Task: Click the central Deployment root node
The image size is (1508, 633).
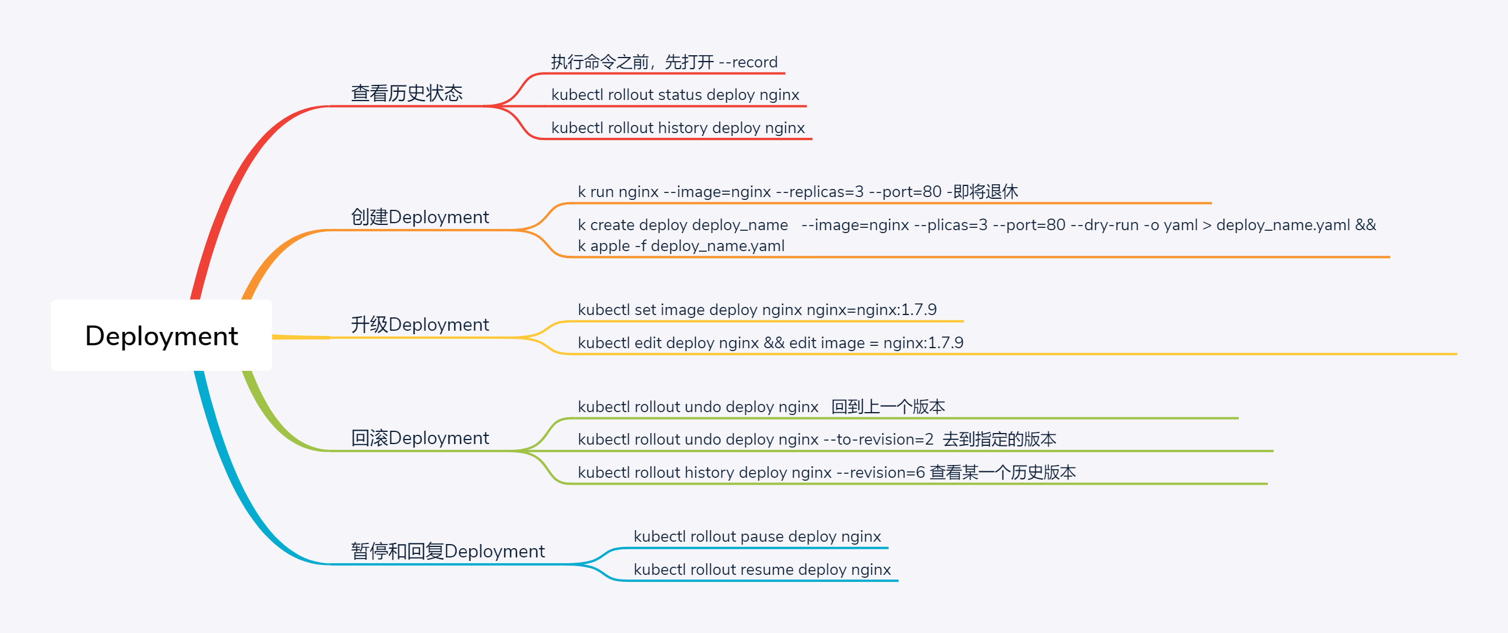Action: click(x=161, y=336)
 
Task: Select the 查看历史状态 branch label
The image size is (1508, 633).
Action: click(x=407, y=93)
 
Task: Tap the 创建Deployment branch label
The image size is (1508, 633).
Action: click(x=419, y=217)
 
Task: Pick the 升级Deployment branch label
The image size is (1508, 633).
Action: click(x=419, y=325)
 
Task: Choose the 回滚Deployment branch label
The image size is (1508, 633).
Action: click(x=419, y=438)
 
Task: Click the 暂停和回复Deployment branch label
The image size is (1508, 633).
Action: click(x=447, y=551)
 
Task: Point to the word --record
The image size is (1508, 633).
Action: click(x=748, y=62)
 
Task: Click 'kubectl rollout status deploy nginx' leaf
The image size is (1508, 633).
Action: click(x=675, y=95)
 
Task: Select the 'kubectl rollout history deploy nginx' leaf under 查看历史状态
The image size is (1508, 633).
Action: click(x=678, y=127)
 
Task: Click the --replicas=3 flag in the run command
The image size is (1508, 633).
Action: click(x=819, y=191)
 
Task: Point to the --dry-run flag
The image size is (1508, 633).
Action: click(x=1104, y=224)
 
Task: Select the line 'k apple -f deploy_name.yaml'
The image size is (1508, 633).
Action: click(x=681, y=246)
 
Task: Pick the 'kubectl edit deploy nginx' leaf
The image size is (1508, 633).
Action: click(x=668, y=343)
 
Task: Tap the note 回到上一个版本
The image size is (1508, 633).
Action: click(x=887, y=406)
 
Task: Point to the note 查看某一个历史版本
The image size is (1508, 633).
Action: click(x=1002, y=472)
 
